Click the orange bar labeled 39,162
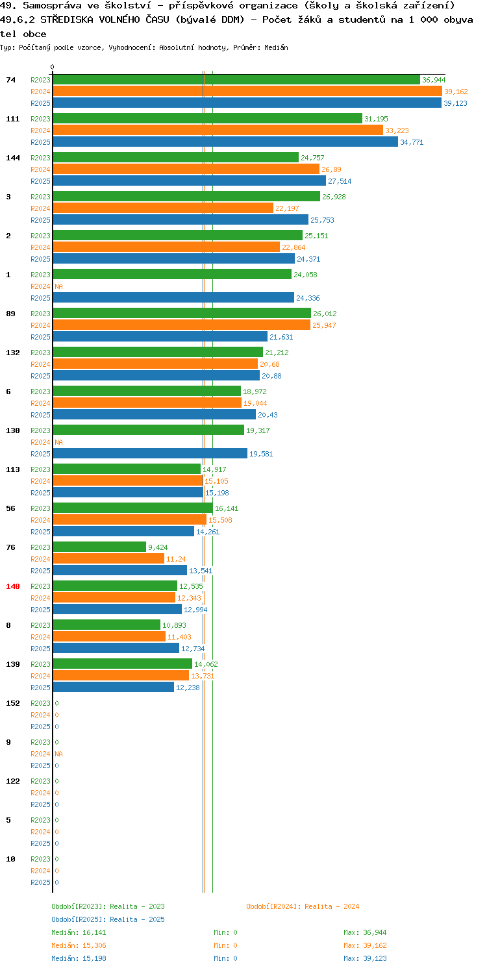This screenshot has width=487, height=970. pyautogui.click(x=247, y=92)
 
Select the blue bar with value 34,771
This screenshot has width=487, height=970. pyautogui.click(x=225, y=142)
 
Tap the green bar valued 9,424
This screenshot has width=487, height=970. pyautogui.click(x=99, y=547)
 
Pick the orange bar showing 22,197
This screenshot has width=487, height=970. pyautogui.click(x=163, y=208)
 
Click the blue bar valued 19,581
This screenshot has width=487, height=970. pyautogui.click(x=150, y=453)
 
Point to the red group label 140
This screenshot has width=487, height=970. pyautogui.click(x=13, y=586)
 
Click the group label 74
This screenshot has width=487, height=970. pyautogui.click(x=11, y=80)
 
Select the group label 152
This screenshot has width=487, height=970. pyautogui.click(x=13, y=703)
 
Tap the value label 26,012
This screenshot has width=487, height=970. pyautogui.click(x=325, y=314)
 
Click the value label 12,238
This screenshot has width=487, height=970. pyautogui.click(x=188, y=687)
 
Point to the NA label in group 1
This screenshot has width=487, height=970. pyautogui.click(x=59, y=286)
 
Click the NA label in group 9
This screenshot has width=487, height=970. pyautogui.click(x=59, y=754)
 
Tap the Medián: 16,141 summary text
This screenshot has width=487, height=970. pyautogui.click(x=79, y=932)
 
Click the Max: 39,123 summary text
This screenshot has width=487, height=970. pyautogui.click(x=365, y=958)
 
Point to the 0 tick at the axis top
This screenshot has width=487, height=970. pyautogui.click(x=53, y=67)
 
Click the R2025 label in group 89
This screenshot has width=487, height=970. pyautogui.click(x=40, y=337)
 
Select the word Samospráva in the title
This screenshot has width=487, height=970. pyautogui.click(x=52, y=6)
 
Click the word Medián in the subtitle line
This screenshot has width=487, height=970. pyautogui.click(x=276, y=47)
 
